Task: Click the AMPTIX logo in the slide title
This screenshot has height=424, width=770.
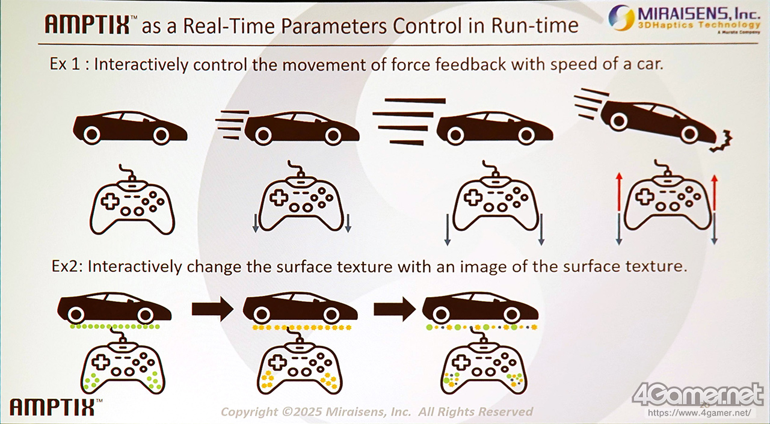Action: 88,24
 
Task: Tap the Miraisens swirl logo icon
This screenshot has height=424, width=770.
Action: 621,17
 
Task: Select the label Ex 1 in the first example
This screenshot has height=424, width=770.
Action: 65,64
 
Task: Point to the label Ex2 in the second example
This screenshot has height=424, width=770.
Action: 66,266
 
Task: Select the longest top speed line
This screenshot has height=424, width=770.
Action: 415,100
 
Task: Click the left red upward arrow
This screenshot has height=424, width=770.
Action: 619,192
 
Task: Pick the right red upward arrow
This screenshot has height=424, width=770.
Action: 714,192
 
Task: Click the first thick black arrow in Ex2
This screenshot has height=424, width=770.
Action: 212,309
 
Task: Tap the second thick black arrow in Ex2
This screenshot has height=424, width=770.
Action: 395,309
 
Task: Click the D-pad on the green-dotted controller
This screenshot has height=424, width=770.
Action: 100,363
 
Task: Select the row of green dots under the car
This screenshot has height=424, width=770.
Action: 115,327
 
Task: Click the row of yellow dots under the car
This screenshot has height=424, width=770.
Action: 302,328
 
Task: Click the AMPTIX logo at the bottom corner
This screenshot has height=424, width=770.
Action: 52,407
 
